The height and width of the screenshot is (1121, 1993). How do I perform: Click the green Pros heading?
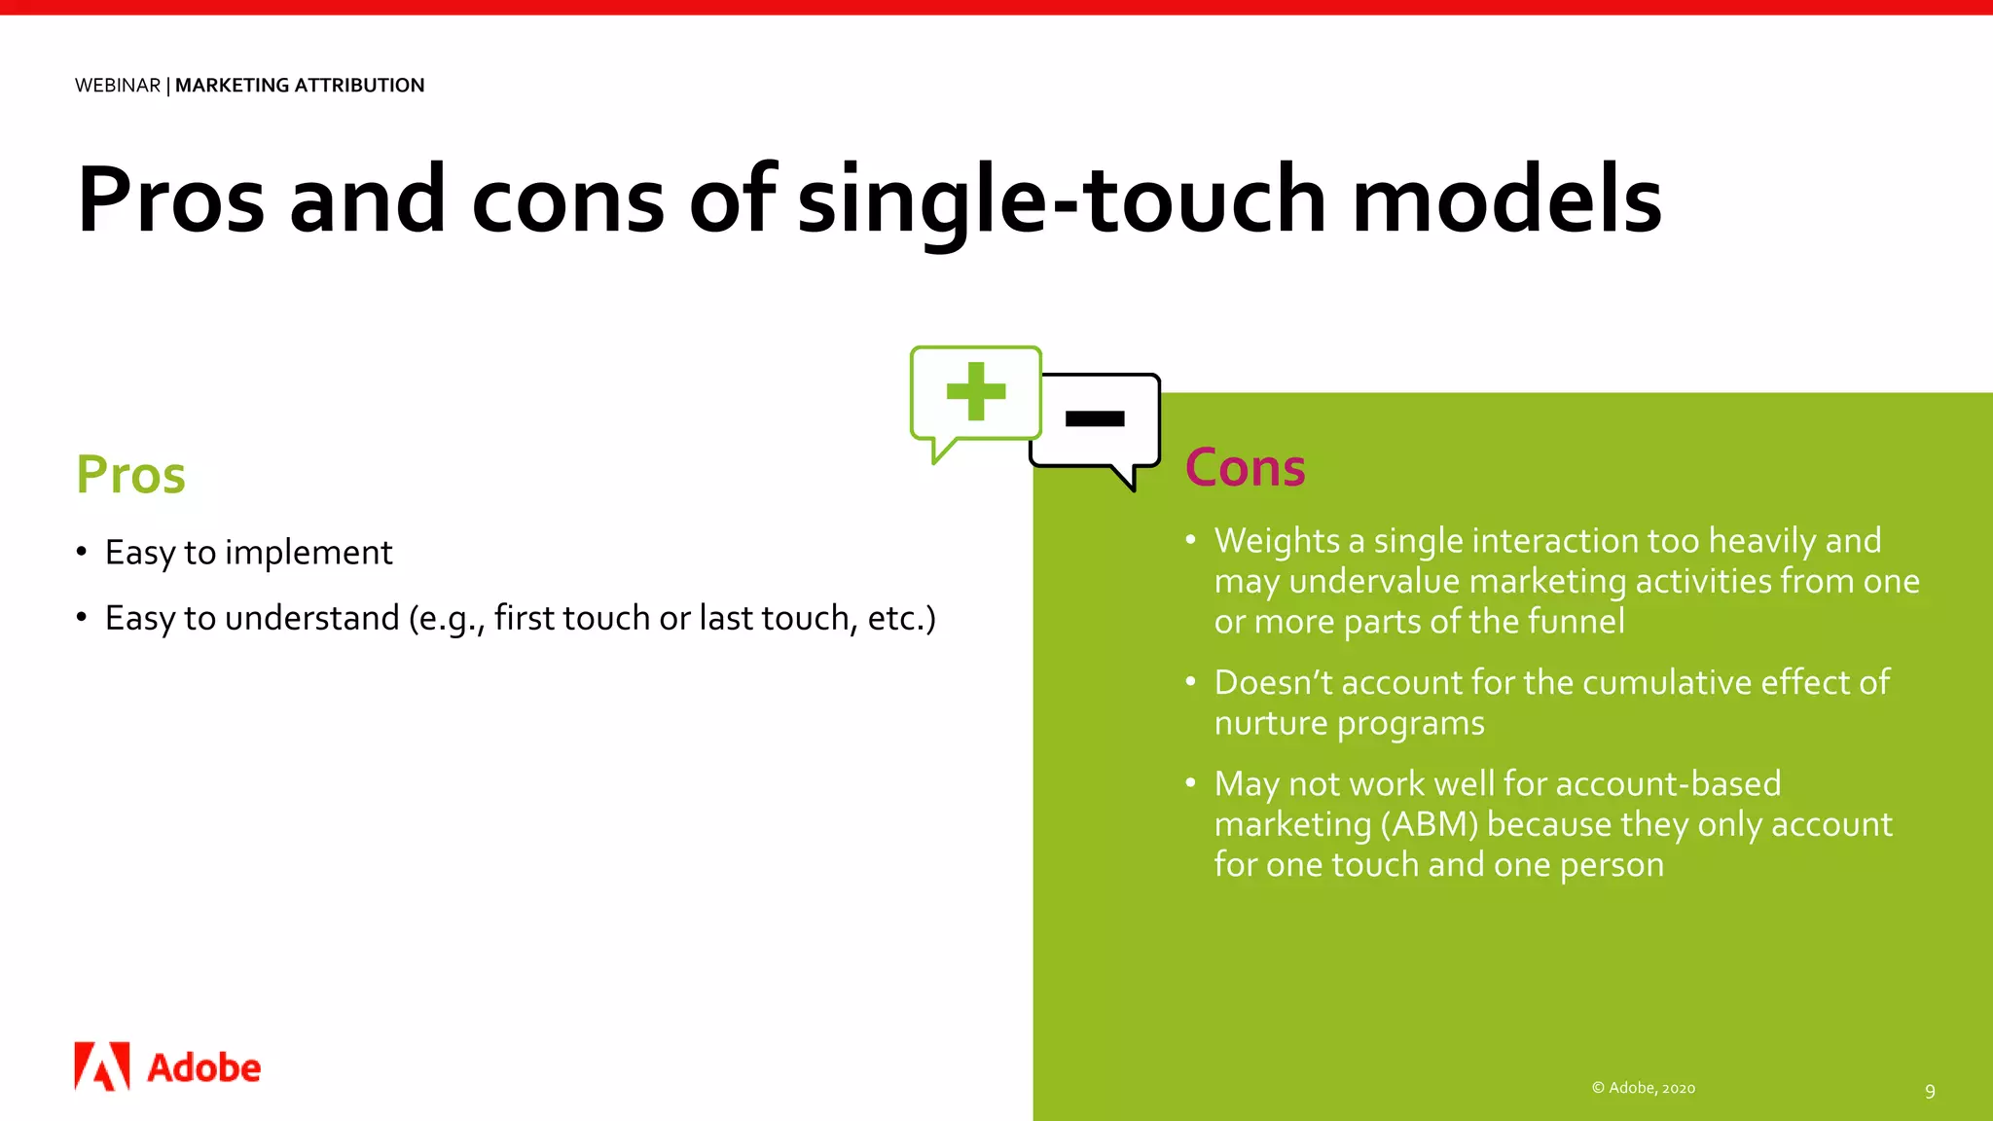[x=130, y=475]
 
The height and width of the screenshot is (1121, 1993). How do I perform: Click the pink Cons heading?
[x=1245, y=468]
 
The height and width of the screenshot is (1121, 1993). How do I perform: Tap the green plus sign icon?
[x=975, y=391]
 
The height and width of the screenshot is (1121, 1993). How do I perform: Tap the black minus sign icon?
[x=1095, y=418]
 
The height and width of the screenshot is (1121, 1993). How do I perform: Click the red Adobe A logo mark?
[x=102, y=1067]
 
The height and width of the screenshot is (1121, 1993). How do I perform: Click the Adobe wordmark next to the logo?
[x=203, y=1068]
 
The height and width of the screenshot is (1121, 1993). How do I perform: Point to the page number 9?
[x=1930, y=1091]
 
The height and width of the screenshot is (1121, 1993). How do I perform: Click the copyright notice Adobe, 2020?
[x=1644, y=1088]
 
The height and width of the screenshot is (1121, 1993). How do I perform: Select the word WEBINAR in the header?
[x=118, y=86]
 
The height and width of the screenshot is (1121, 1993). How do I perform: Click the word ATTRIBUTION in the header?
[x=359, y=86]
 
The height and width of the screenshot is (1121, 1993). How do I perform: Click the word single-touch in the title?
[x=1062, y=199]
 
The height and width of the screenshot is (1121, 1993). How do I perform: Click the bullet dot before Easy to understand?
[x=82, y=617]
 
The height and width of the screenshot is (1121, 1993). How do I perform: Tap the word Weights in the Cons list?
[x=1277, y=541]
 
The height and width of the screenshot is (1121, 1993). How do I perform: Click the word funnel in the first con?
[x=1576, y=621]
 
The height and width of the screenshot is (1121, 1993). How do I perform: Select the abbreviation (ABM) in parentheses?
[x=1429, y=824]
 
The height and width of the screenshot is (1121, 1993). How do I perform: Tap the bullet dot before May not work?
[x=1190, y=782]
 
